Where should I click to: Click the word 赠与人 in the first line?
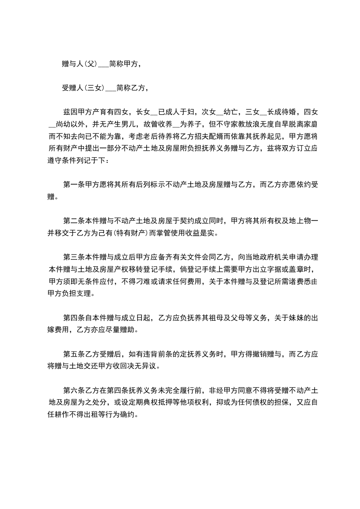[x=72, y=64]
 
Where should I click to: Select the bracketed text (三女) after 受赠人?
[x=94, y=88]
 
